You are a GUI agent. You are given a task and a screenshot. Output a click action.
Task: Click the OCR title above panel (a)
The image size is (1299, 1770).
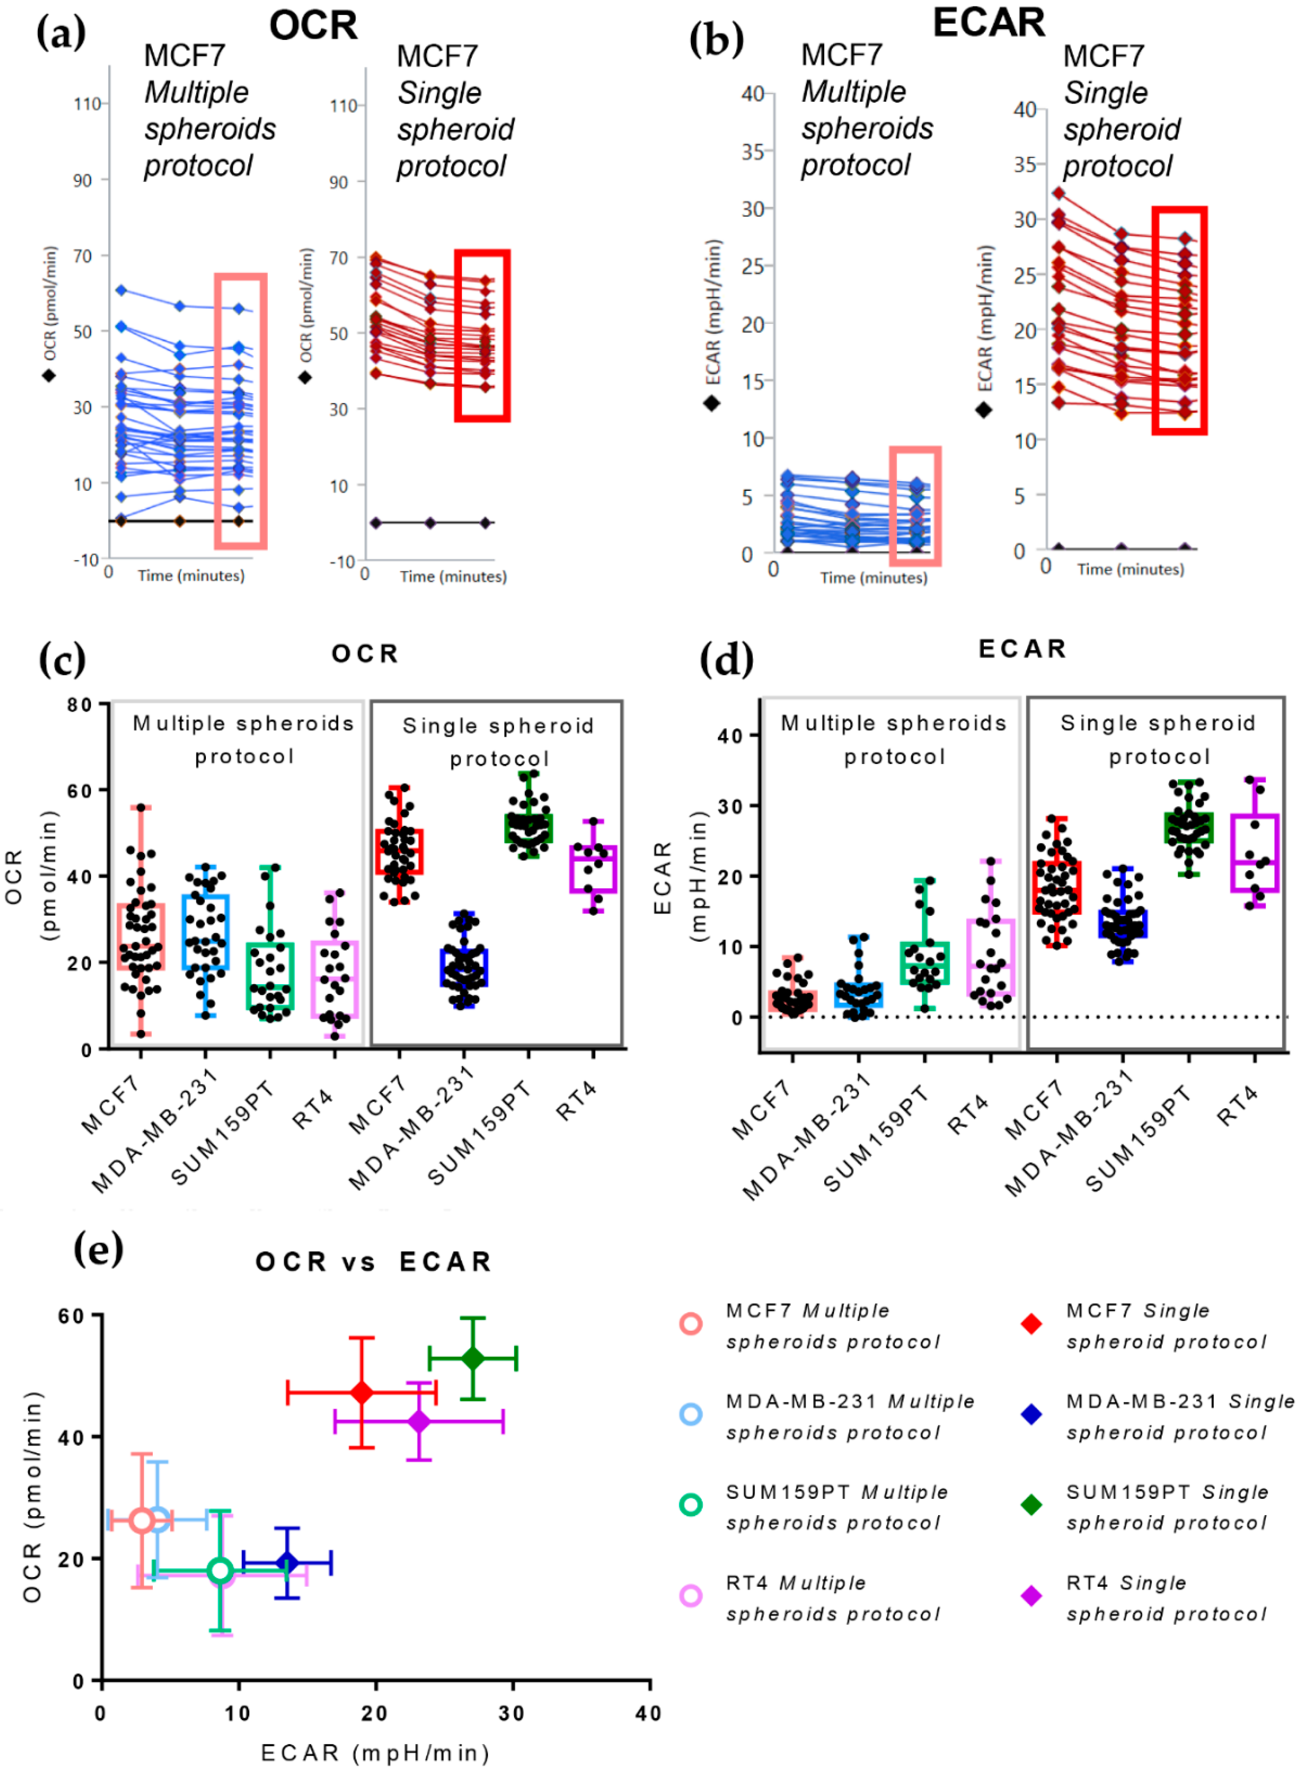313,26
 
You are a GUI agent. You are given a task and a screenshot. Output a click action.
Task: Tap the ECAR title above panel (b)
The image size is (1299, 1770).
989,22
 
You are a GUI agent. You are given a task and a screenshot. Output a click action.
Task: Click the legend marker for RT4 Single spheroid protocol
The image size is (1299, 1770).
1031,1596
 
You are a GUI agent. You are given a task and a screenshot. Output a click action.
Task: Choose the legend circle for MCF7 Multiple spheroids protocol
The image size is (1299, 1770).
690,1324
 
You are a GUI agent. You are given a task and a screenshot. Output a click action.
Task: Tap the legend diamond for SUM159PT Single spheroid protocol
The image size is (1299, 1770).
1031,1504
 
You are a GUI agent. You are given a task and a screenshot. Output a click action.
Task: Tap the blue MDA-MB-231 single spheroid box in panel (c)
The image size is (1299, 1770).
464,967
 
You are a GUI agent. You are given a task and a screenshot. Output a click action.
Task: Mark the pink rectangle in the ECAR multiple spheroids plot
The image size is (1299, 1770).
915,506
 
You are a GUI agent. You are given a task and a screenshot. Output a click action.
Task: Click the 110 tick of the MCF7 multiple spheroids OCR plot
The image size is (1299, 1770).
87,104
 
